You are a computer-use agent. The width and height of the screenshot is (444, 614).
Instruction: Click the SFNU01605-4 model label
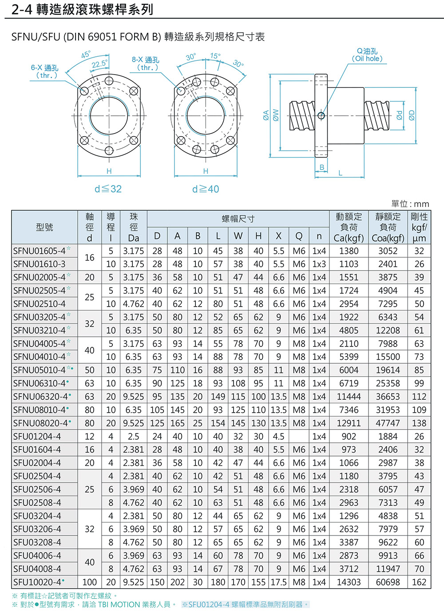click(40, 251)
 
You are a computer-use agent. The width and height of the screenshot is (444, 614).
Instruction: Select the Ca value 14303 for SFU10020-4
click(349, 582)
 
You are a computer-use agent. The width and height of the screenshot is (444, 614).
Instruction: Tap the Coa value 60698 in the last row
click(388, 582)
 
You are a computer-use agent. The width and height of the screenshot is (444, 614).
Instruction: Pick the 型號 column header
click(44, 227)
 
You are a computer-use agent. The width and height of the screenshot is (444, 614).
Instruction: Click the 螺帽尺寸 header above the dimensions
click(238, 219)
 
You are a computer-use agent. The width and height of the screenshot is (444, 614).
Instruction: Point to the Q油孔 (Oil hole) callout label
click(367, 55)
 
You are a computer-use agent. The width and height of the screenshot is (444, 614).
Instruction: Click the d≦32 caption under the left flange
click(108, 189)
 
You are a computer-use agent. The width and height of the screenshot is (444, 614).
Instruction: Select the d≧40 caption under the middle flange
click(206, 189)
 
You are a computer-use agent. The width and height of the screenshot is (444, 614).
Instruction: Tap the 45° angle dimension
click(86, 55)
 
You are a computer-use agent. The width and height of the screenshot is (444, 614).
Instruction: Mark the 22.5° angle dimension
click(99, 64)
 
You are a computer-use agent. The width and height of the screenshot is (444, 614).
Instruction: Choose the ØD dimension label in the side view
click(412, 115)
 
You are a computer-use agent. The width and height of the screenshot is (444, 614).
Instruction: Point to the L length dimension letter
click(341, 173)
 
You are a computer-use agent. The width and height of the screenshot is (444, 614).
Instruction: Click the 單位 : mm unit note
click(410, 204)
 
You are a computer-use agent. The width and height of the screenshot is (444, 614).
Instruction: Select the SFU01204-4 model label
click(37, 437)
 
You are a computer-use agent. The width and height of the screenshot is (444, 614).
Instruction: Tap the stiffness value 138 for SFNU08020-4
click(419, 423)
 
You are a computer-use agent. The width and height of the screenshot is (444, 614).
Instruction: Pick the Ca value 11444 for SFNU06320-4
click(349, 397)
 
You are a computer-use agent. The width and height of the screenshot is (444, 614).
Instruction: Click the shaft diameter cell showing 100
click(89, 582)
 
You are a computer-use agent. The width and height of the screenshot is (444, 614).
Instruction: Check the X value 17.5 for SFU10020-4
click(278, 582)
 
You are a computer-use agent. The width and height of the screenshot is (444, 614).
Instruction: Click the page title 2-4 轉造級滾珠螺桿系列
click(83, 10)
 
